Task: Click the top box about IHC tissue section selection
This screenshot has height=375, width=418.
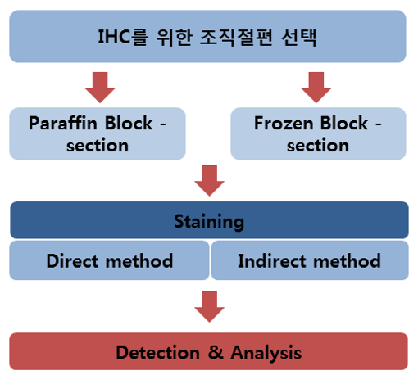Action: (x=207, y=36)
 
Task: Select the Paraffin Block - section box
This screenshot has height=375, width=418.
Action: (x=98, y=134)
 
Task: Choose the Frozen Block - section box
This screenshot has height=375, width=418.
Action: (x=318, y=134)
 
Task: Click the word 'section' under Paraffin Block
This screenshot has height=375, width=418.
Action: (x=98, y=146)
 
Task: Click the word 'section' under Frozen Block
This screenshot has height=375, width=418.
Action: (x=318, y=146)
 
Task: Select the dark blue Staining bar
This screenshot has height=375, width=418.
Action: (x=209, y=221)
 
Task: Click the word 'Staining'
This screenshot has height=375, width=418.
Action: (x=209, y=221)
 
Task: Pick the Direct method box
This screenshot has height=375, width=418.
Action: (x=109, y=261)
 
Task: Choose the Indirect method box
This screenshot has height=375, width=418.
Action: (x=310, y=261)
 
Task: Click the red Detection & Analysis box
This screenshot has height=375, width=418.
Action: (x=209, y=353)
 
